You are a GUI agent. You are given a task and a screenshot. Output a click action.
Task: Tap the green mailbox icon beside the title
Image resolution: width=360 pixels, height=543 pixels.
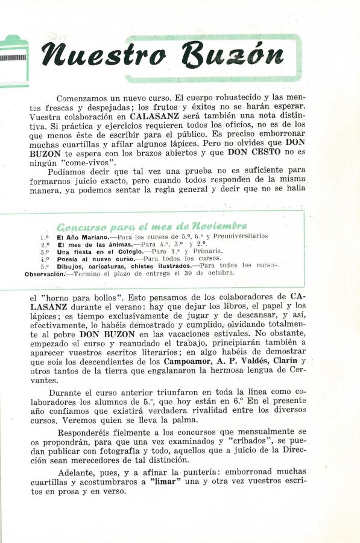(x=13, y=59)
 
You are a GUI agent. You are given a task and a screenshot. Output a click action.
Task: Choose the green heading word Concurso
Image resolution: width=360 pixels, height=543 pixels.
(x=82, y=227)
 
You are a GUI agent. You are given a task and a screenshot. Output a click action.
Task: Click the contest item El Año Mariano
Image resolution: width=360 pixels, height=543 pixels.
(x=83, y=237)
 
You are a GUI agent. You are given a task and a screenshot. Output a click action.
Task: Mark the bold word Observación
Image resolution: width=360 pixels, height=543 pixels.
(x=44, y=273)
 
